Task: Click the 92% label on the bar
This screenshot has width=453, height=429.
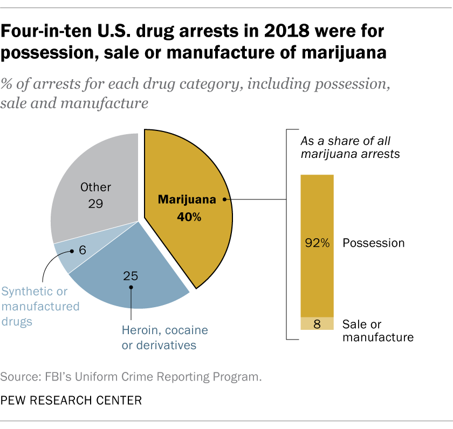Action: [317, 243]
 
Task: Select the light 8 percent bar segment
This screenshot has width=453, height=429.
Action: [317, 323]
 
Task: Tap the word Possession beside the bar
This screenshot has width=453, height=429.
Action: [373, 243]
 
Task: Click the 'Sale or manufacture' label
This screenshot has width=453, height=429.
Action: [377, 330]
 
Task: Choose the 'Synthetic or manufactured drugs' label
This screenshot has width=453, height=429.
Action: [40, 306]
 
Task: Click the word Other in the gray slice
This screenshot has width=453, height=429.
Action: [95, 188]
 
